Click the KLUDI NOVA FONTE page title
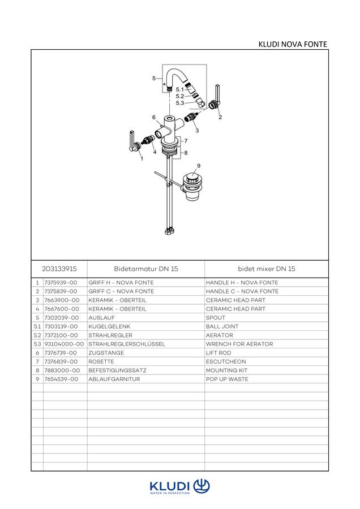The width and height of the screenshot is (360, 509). (293, 44)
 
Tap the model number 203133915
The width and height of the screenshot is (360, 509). (59, 269)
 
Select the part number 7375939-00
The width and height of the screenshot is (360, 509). (61, 283)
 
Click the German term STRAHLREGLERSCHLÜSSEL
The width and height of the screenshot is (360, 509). (127, 344)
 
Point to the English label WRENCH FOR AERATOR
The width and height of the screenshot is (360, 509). (239, 344)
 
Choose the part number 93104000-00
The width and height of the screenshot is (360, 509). (64, 344)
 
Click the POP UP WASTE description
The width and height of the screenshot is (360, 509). (227, 379)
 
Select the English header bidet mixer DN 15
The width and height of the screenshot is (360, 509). (267, 269)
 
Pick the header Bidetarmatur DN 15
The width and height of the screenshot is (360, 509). (146, 269)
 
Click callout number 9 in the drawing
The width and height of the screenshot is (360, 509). (199, 166)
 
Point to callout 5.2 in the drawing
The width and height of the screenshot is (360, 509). (180, 96)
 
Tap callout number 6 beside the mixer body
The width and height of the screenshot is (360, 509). (154, 117)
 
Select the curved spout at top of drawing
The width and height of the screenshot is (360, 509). (176, 78)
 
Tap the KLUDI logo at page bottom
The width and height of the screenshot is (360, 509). (179, 487)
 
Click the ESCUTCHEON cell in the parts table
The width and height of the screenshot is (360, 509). (226, 361)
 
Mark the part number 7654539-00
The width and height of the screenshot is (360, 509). (61, 379)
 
